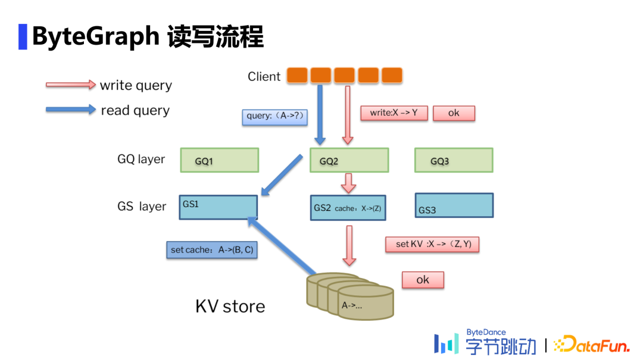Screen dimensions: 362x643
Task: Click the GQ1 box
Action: pyautogui.click(x=219, y=161)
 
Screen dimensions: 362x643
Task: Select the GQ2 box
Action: pyautogui.click(x=349, y=161)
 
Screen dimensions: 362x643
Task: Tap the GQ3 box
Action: pyautogui.click(x=454, y=161)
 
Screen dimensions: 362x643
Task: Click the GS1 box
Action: pyautogui.click(x=218, y=207)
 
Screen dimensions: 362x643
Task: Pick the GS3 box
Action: pyautogui.click(x=454, y=205)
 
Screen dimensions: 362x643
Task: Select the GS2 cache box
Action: pyautogui.click(x=348, y=208)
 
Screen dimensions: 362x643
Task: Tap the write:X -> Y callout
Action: pyautogui.click(x=394, y=113)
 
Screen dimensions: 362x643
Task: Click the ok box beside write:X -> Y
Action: pyautogui.click(x=454, y=113)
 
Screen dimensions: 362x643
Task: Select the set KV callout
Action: pyautogui.click(x=432, y=244)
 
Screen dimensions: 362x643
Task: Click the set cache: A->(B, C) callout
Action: pyautogui.click(x=211, y=250)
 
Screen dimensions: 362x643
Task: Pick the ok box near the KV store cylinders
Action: pyautogui.click(x=423, y=280)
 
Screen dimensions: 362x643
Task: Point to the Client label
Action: pyautogui.click(x=264, y=77)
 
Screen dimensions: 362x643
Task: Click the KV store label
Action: pyautogui.click(x=230, y=307)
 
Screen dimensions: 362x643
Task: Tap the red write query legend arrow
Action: pyautogui.click(x=71, y=85)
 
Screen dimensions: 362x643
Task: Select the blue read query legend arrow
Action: pyautogui.click(x=71, y=110)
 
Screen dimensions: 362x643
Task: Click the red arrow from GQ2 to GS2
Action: pyautogui.click(x=349, y=183)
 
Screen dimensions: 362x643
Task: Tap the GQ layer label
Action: pyautogui.click(x=141, y=160)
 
